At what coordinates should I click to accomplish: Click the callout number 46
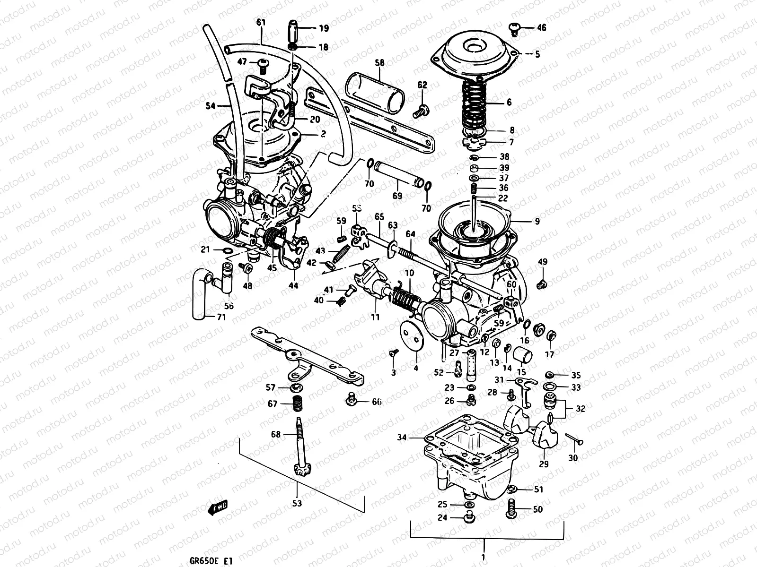click(541, 28)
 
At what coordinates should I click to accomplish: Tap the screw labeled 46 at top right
click(516, 28)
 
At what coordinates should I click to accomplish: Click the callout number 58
click(380, 62)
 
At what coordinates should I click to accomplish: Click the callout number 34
click(401, 438)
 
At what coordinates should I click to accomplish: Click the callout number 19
click(323, 28)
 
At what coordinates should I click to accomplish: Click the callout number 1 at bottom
click(483, 556)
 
